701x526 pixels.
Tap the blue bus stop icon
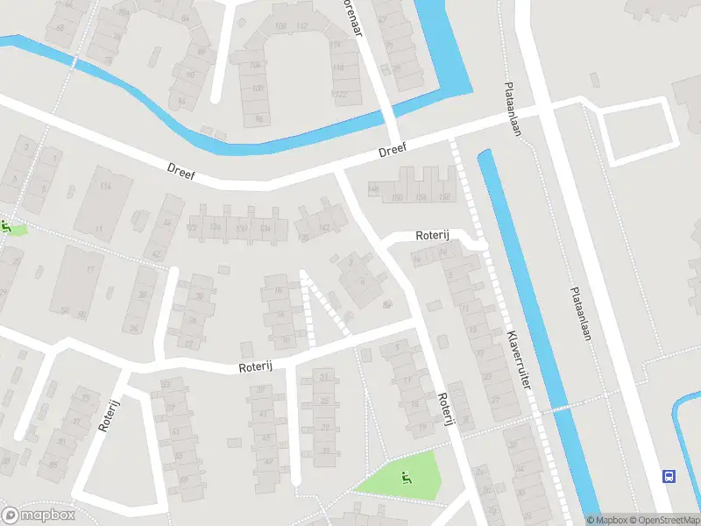pyautogui.click(x=669, y=476)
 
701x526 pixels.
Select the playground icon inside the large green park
pyautogui.click(x=405, y=477)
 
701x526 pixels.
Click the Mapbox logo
pyautogui.click(x=37, y=515)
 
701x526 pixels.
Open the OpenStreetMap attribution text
pyautogui.click(x=663, y=520)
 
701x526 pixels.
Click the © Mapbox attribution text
pyautogui.click(x=606, y=520)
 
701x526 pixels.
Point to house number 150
pyautogui.click(x=398, y=197)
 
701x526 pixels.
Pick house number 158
pyautogui.click(x=444, y=195)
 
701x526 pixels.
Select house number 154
pyautogui.click(x=421, y=196)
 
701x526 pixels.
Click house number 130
pyautogui.click(x=240, y=229)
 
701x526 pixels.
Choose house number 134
pyautogui.click(x=264, y=229)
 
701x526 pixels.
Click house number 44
pyautogui.click(x=167, y=224)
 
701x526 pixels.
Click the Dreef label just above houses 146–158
pyautogui.click(x=393, y=151)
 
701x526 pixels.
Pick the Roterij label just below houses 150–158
pyautogui.click(x=431, y=235)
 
